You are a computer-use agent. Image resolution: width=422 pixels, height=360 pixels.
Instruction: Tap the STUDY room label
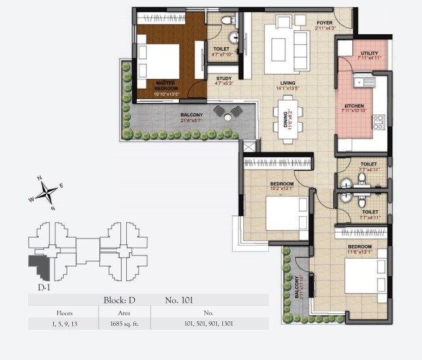point(223,79)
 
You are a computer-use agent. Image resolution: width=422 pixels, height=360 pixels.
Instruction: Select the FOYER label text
point(325,22)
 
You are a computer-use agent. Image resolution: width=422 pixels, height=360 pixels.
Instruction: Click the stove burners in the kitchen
point(379,122)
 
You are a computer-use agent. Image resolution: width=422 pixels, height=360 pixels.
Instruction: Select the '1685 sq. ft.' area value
point(116,323)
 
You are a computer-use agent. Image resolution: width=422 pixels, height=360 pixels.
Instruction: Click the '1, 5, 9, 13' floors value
point(64,323)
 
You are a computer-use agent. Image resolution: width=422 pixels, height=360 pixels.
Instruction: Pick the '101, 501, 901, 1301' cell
point(209,323)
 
